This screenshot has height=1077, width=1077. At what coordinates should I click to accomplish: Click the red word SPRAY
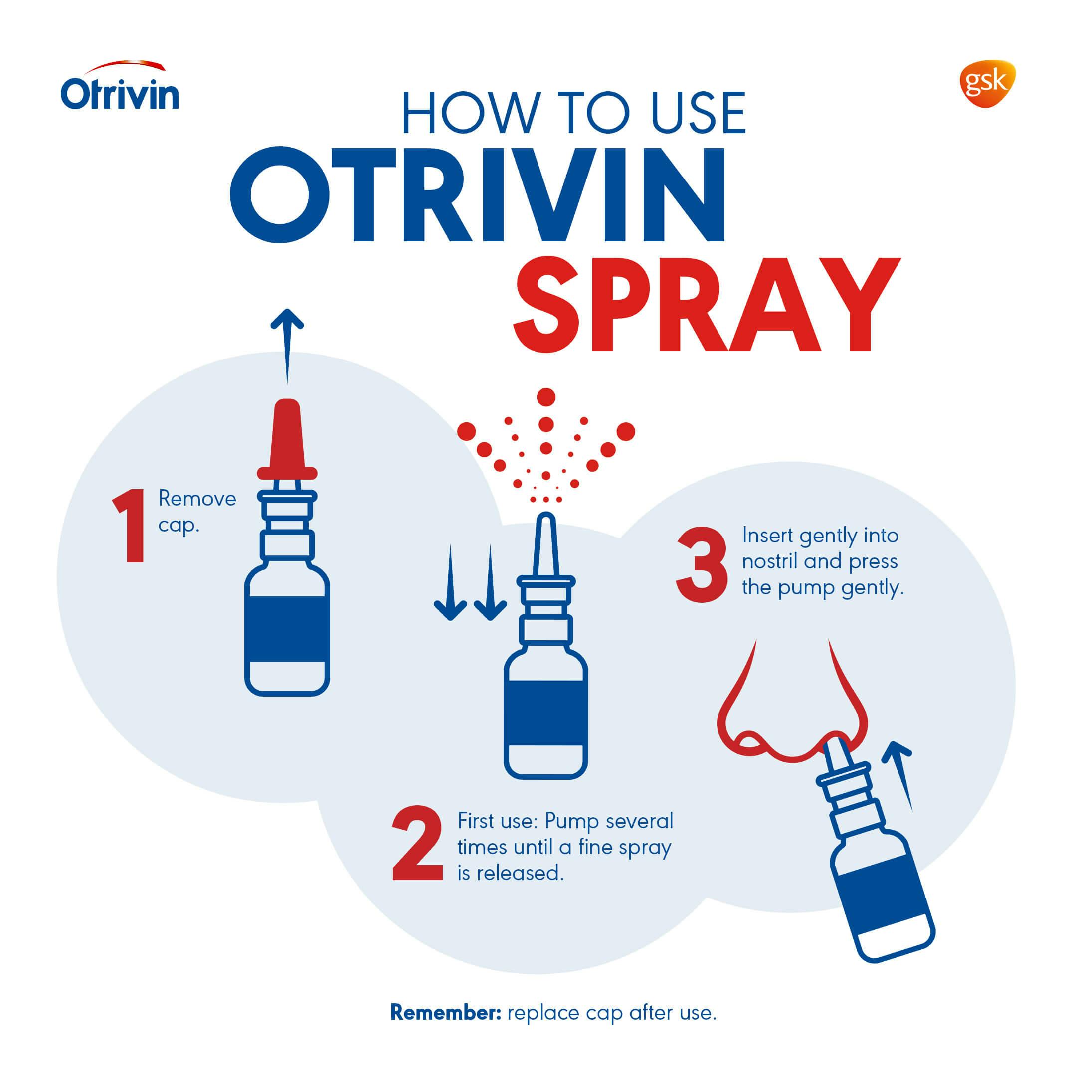pos(707,304)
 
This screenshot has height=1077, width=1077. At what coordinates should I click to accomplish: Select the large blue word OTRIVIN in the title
pos(478,195)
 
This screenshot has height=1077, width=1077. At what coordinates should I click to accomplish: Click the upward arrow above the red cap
pos(287,346)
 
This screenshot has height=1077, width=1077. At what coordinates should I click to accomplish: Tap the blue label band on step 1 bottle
pos(287,629)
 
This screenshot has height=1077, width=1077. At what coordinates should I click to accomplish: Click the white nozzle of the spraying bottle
pos(546,546)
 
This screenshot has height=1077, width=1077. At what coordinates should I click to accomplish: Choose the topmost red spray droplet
pos(546,397)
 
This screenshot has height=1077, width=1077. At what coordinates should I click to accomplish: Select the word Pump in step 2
pos(573,822)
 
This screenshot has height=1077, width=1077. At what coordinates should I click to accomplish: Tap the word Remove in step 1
pos(197,499)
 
